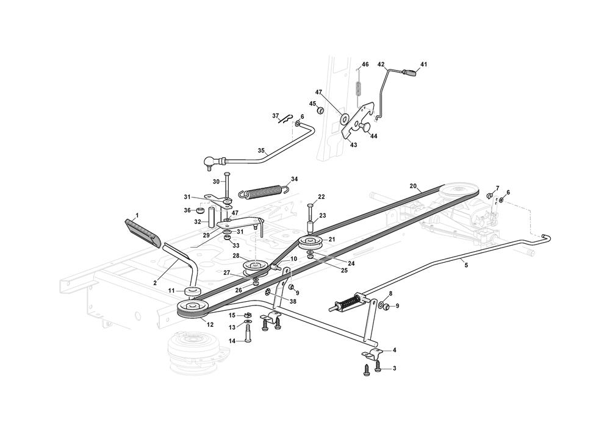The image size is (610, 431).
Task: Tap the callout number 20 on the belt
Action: pyautogui.click(x=413, y=186)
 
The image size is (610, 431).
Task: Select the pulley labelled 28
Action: pyautogui.click(x=255, y=267)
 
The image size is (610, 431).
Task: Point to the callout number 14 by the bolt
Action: pyautogui.click(x=232, y=341)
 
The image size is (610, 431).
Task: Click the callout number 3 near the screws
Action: pyautogui.click(x=394, y=368)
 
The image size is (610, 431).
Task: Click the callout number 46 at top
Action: pyautogui.click(x=365, y=64)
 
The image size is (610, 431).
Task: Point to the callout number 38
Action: pyautogui.click(x=293, y=302)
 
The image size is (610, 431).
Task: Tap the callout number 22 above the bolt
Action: pyautogui.click(x=321, y=196)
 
